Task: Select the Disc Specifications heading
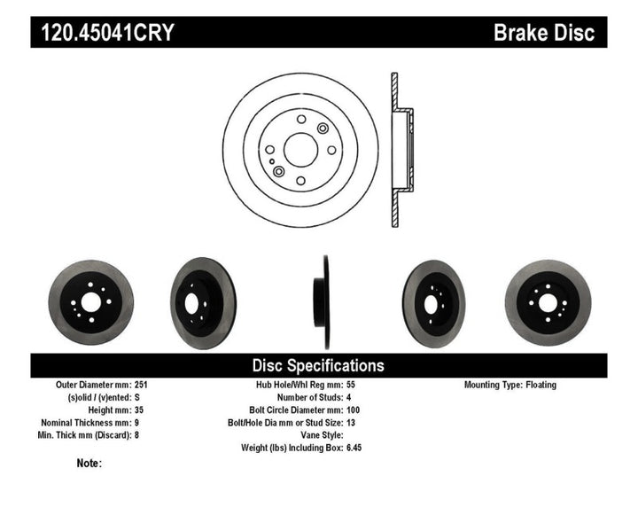(x=318, y=365)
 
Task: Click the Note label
(x=89, y=463)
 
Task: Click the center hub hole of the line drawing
(x=300, y=148)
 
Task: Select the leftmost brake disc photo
(x=90, y=302)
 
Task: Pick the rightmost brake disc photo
(x=547, y=302)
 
